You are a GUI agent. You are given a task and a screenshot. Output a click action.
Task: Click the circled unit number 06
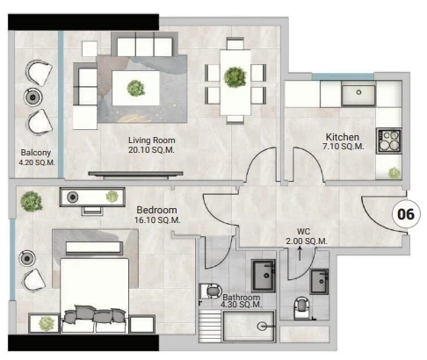tap(406, 214)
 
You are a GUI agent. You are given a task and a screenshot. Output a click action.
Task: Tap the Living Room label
tap(152, 140)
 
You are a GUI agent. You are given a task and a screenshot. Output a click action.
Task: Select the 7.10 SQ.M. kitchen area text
tap(344, 146)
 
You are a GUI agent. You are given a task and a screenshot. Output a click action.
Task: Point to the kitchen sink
tap(358, 94)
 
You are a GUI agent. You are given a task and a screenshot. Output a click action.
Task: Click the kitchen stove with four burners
tap(389, 140)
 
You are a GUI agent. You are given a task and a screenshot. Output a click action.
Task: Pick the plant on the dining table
tap(235, 77)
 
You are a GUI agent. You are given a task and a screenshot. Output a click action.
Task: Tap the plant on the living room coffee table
tap(136, 88)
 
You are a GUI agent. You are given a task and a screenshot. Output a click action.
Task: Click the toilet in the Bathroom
tap(211, 292)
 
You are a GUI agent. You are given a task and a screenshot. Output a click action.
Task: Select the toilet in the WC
tap(302, 308)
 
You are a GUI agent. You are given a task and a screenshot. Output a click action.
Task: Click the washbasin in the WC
tap(320, 281)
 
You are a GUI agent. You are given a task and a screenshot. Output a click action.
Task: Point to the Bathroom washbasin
tap(264, 276)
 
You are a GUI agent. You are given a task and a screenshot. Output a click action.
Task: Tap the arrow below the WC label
tap(300, 253)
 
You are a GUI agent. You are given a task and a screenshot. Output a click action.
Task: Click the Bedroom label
tap(156, 210)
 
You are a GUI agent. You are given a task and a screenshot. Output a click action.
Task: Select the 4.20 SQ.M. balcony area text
tap(37, 162)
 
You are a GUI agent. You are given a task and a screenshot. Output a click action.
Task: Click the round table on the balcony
tap(33, 97)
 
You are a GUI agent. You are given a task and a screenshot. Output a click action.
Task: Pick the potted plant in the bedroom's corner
tap(32, 201)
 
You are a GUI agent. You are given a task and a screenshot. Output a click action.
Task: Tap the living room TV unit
tap(135, 175)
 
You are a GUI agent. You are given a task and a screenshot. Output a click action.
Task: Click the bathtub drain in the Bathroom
tap(262, 327)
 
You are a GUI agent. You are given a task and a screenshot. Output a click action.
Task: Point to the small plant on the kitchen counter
tap(394, 173)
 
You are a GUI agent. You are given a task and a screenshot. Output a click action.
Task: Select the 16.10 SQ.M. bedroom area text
tap(157, 220)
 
